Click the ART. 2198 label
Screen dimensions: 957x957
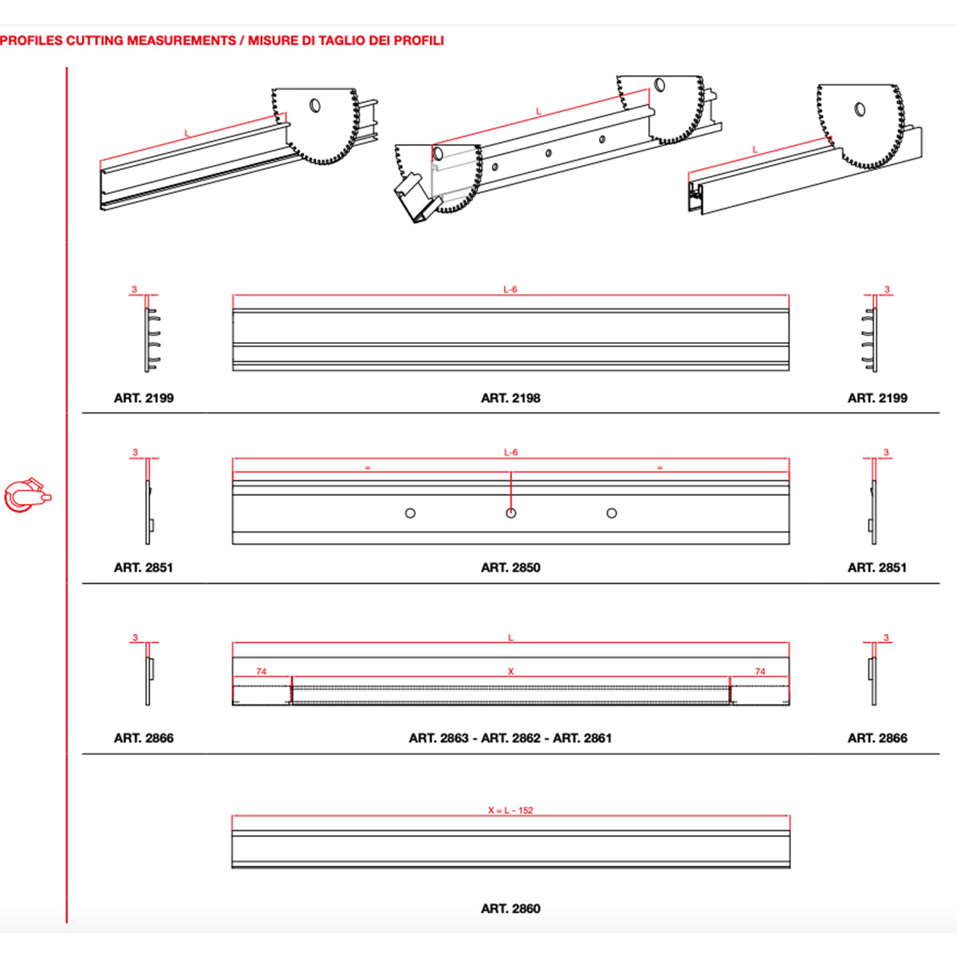click(510, 398)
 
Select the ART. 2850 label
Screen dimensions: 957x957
click(510, 567)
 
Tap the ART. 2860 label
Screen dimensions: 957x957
click(510, 908)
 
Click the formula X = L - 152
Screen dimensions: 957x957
click(510, 810)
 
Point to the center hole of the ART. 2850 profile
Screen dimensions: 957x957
click(511, 513)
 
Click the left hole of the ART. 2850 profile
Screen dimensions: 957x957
click(410, 513)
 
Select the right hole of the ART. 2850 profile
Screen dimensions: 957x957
click(612, 513)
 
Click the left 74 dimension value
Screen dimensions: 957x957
click(262, 671)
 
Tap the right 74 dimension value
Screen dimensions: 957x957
click(760, 671)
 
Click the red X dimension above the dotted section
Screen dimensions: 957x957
click(510, 671)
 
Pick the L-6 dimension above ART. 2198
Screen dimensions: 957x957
click(510, 289)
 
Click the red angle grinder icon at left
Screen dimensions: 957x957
click(28, 495)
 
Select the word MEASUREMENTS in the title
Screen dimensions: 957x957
click(181, 40)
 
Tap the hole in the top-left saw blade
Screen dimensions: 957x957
click(315, 105)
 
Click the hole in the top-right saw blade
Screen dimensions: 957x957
click(861, 109)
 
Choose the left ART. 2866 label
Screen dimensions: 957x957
click(144, 738)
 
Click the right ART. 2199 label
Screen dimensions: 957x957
click(877, 398)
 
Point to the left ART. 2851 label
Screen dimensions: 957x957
click(144, 567)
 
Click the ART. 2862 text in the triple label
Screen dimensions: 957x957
click(510, 738)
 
